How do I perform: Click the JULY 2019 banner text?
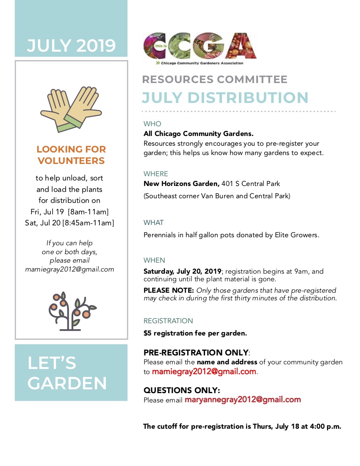[x=71, y=45]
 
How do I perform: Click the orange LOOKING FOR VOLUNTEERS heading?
[x=71, y=155]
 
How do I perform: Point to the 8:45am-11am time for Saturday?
[x=89, y=222]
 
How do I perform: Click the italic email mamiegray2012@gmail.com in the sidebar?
[x=69, y=269]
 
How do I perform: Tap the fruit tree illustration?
[x=71, y=311]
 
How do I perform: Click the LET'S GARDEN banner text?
[x=67, y=373]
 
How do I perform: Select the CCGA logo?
[x=200, y=48]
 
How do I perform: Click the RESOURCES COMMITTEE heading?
[x=215, y=80]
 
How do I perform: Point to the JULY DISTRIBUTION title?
[x=225, y=97]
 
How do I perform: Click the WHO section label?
[x=152, y=124]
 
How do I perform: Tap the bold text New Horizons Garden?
[x=181, y=183]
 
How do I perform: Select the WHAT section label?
[x=153, y=222]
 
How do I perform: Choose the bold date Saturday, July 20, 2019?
[x=183, y=271]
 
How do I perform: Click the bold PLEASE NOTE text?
[x=169, y=290]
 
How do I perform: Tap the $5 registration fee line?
[x=195, y=333]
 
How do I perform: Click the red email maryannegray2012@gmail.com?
[x=243, y=399]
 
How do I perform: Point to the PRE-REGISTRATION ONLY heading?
[x=196, y=352]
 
